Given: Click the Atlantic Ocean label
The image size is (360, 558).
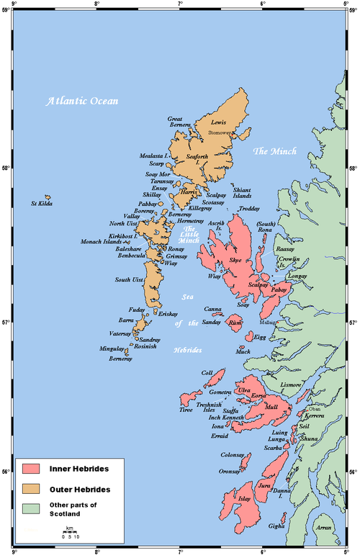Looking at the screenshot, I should pos(82,102).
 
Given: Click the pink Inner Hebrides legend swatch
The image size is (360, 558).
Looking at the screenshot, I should pos(31,469).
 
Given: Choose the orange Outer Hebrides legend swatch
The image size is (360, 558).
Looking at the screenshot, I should pos(31,489).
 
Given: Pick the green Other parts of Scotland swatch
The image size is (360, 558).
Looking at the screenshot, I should pos(31,509).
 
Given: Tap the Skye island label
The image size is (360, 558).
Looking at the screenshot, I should pos(235,260).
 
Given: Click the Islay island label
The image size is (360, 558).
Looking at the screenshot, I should pos(244,498).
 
